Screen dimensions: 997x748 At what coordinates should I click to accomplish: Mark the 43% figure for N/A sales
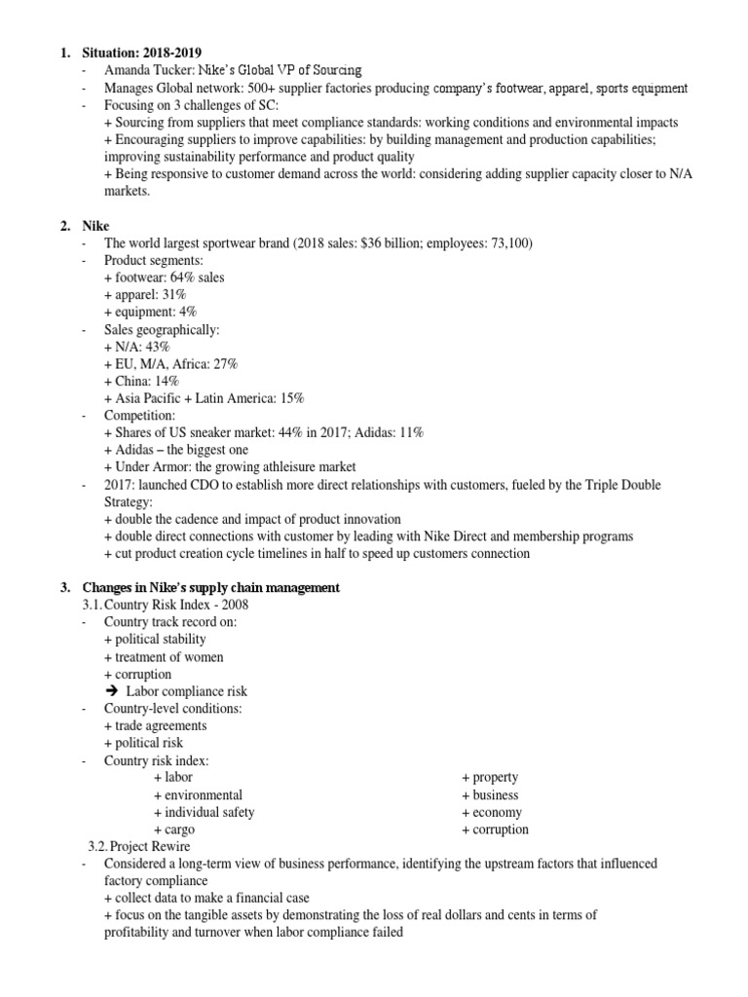[x=158, y=347]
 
